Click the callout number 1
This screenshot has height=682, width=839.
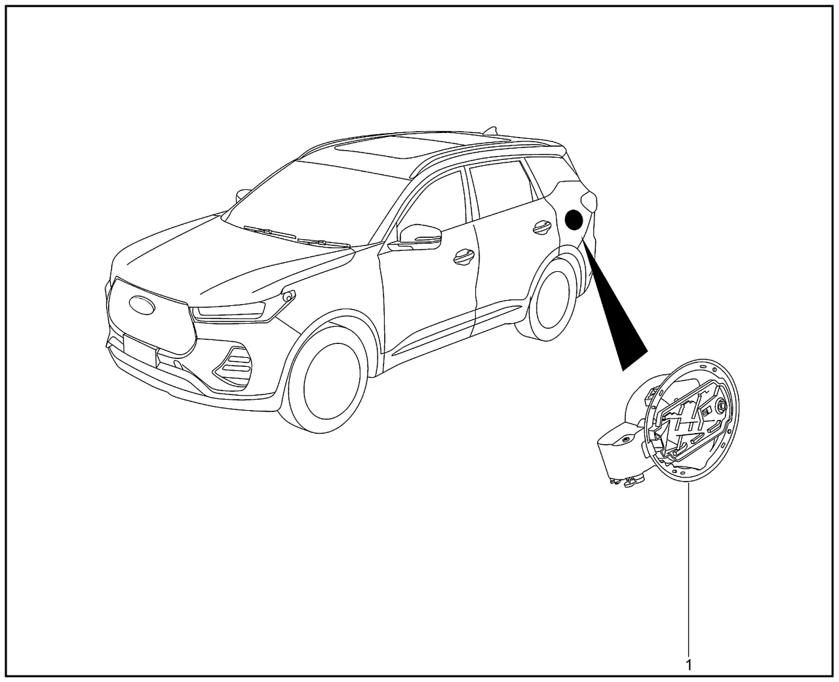tap(688, 665)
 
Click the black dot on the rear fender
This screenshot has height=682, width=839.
tap(574, 220)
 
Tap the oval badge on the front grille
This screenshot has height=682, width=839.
tap(142, 305)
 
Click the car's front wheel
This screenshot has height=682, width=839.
tap(326, 380)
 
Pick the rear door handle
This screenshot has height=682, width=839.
tap(541, 227)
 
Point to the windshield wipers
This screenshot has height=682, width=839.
tap(297, 237)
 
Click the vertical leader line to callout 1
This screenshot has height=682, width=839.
tap(688, 569)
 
